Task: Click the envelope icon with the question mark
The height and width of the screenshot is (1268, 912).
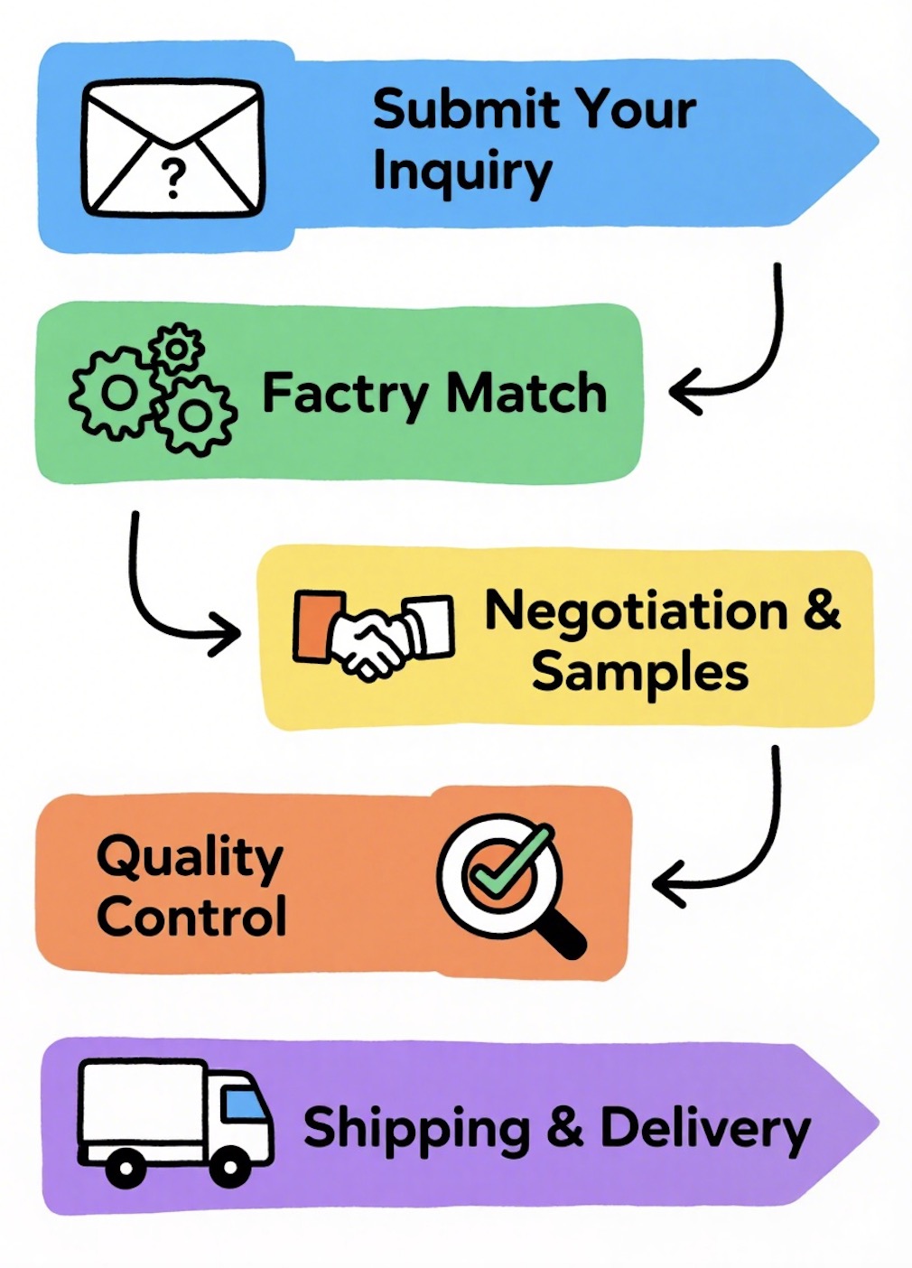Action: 173,148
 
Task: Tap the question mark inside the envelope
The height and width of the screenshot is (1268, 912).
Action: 172,179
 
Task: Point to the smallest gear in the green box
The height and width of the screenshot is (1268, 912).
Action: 177,348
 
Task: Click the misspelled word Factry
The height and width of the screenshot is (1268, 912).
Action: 345,396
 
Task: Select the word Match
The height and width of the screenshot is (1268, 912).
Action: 526,394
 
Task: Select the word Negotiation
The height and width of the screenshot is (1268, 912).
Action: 636,611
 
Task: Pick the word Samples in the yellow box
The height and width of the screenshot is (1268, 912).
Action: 639,673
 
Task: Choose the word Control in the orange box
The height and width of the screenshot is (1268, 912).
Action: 191,917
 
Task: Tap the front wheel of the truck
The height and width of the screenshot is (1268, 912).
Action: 230,1169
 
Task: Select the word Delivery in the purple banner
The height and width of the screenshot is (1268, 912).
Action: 704,1130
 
